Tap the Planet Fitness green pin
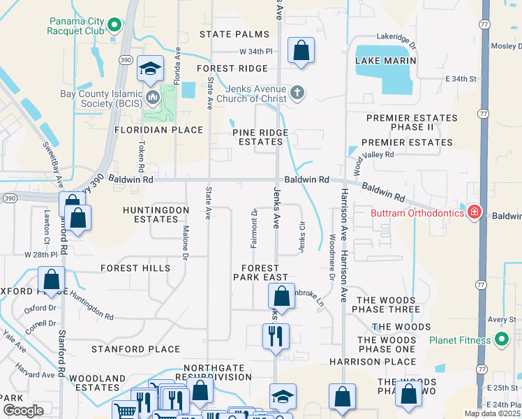click(x=501, y=341)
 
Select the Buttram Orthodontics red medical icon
click(x=475, y=212)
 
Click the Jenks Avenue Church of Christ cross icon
click(x=297, y=92)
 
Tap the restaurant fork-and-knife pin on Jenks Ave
click(x=276, y=336)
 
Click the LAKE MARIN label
click(x=386, y=61)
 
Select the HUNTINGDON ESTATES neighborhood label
click(x=156, y=214)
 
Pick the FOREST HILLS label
click(x=135, y=268)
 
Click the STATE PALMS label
click(x=234, y=34)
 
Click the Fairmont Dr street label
click(x=255, y=228)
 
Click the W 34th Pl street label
click(x=255, y=52)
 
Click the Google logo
click(x=23, y=411)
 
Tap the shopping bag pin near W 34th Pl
click(x=301, y=50)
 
